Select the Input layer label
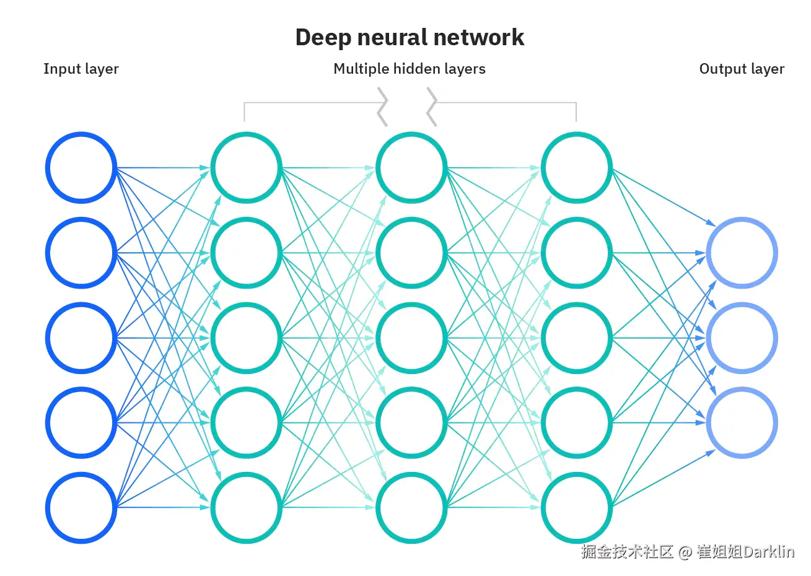[81, 69]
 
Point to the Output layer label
[742, 69]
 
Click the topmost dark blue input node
[81, 168]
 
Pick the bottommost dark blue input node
[81, 508]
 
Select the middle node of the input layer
[81, 338]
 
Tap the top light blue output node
[742, 253]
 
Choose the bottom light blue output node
[742, 422]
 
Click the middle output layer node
[742, 338]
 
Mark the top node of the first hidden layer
[246, 168]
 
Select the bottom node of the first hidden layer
[246, 508]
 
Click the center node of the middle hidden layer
[411, 338]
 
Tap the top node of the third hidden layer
[577, 168]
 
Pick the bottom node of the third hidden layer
[577, 508]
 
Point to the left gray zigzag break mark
[382, 107]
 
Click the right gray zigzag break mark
[432, 107]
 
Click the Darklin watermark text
[769, 552]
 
